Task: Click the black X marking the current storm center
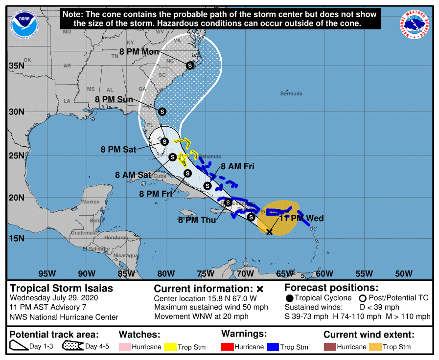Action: (269, 231)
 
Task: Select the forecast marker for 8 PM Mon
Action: (190, 66)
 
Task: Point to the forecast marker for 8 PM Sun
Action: (162, 112)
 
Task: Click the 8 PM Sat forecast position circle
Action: (164, 141)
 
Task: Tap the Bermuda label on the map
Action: (291, 93)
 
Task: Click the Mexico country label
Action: (91, 202)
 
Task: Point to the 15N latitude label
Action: (17, 238)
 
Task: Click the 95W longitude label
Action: (46, 273)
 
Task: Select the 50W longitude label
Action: (403, 273)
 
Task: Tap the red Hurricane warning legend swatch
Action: (228, 347)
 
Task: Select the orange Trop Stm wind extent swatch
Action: (375, 347)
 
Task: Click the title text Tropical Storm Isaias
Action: (62, 288)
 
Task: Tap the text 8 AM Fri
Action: (237, 166)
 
